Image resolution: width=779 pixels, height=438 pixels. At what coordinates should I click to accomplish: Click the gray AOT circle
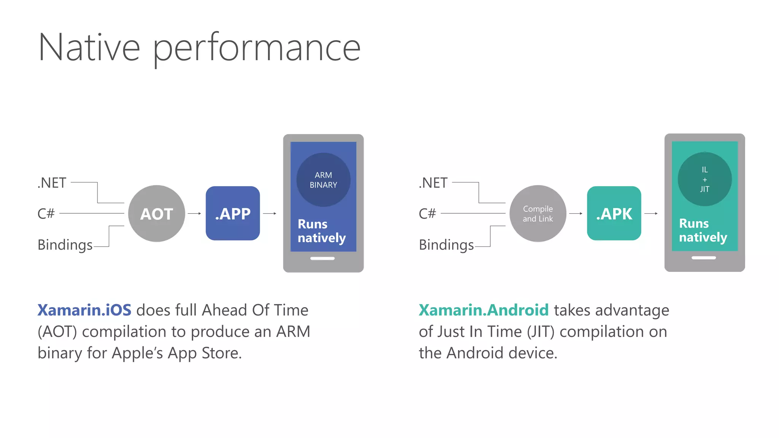click(x=157, y=214)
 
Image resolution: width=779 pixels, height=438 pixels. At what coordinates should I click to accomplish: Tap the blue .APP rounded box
click(x=233, y=213)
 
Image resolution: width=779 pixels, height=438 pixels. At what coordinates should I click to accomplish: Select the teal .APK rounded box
click(x=614, y=213)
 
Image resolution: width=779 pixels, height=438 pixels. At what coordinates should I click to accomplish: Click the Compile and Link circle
click(x=538, y=214)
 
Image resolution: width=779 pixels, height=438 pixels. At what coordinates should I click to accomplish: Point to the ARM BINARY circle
click(x=323, y=180)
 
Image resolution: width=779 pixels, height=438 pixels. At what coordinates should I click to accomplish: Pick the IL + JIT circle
click(x=704, y=179)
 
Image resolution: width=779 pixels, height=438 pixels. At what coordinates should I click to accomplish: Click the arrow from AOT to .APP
click(x=194, y=214)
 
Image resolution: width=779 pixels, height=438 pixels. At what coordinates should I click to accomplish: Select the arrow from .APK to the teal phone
click(x=651, y=214)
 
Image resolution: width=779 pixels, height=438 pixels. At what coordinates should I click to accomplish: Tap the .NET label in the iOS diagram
click(x=52, y=183)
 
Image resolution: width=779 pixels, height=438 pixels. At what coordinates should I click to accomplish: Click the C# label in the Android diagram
click(x=427, y=214)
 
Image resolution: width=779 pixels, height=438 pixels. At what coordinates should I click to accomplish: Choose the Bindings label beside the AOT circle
click(x=65, y=245)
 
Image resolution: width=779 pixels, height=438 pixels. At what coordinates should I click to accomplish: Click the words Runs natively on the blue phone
click(x=321, y=231)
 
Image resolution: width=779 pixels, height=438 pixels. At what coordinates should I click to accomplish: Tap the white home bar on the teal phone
click(x=704, y=258)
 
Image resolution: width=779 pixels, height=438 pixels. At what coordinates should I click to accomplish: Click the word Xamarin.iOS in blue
click(x=84, y=310)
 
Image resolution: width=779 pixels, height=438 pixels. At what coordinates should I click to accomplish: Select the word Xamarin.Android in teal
click(x=483, y=310)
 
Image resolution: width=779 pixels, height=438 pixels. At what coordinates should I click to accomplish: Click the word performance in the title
click(x=257, y=48)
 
